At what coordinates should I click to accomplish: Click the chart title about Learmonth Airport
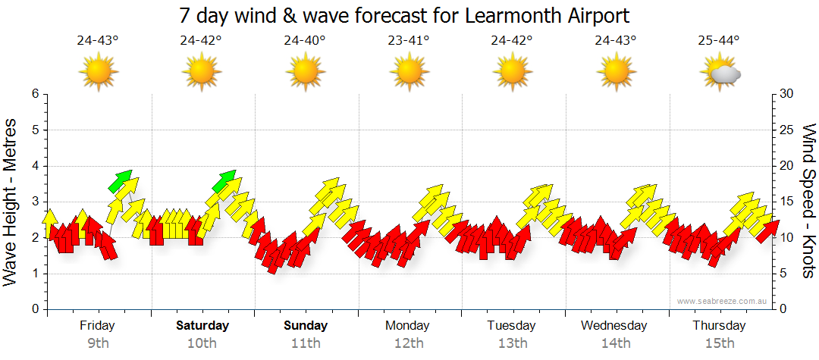pos(405,15)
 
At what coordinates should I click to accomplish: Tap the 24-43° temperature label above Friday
pos(98,41)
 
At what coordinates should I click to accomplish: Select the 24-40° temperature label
pos(305,41)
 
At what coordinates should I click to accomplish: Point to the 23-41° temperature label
pos(408,41)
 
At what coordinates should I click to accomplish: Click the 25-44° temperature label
pos(719,41)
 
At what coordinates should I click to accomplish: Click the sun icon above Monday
pos(409,73)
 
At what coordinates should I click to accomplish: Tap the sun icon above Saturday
pos(202,73)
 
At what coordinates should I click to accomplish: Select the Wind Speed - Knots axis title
pos(808,201)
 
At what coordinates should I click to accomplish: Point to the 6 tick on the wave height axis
pos(35,94)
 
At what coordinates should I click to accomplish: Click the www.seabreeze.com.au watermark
pos(723,301)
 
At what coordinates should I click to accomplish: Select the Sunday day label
pos(306,326)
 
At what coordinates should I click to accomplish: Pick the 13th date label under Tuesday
pos(513,343)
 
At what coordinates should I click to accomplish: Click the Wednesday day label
pos(614,326)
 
